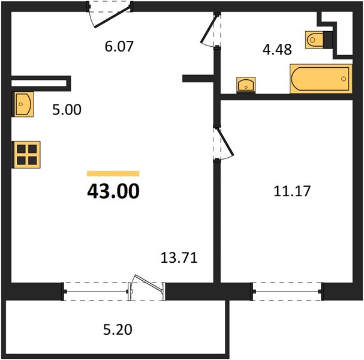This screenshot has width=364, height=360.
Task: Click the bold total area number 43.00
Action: tap(113, 191)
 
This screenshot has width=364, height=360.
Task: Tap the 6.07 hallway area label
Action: tap(119, 46)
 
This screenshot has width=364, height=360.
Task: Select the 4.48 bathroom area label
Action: tap(277, 50)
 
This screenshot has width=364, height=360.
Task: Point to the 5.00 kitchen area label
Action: tap(67, 110)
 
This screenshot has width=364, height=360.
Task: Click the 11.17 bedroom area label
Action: tap(292, 191)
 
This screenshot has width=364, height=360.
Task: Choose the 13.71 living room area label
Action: tap(179, 258)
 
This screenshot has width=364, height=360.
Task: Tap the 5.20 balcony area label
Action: tap(118, 330)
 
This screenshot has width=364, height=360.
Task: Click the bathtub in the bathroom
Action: tap(321, 79)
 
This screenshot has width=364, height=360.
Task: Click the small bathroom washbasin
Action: tap(246, 85)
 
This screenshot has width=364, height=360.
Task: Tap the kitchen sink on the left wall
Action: tap(23, 104)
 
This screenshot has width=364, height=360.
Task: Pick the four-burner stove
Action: tap(26, 155)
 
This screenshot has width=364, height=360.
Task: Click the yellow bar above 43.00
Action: tap(113, 173)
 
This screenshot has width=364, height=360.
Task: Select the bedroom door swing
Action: tap(225, 142)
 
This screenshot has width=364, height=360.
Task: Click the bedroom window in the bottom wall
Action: tap(287, 292)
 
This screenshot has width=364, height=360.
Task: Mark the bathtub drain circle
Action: tap(344, 79)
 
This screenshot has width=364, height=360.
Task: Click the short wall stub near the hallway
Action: tap(198, 79)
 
